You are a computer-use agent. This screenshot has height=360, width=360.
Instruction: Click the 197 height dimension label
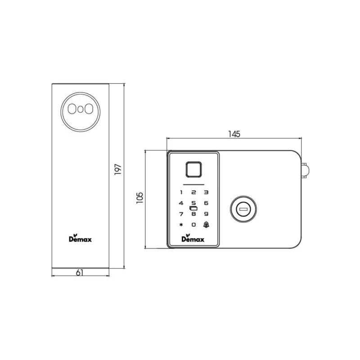pos(118,170)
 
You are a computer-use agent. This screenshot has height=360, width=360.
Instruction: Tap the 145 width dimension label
pos(234,134)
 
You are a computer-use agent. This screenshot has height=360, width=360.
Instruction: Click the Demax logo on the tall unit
pos(80,239)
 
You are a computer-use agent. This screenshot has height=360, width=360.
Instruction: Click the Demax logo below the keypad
pos(193,238)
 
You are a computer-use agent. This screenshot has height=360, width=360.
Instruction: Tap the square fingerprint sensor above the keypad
pos(193,170)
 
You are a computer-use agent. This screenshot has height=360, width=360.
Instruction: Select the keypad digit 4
pos(181,203)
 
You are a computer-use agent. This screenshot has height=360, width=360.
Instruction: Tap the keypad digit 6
pos(206,203)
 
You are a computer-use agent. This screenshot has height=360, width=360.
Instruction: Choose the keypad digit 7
pos(181,214)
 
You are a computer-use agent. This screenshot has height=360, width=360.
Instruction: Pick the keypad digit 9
pos(206,214)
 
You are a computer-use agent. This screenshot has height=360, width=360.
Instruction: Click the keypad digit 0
pos(193,225)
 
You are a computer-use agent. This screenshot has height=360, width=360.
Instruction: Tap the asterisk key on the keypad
pos(181,225)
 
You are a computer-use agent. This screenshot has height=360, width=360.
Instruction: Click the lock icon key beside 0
pos(206,225)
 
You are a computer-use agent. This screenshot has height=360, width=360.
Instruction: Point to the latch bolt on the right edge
pos(306,170)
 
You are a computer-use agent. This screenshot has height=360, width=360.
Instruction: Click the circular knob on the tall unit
pos(80,109)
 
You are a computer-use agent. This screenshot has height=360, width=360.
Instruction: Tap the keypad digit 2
pos(193,192)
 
